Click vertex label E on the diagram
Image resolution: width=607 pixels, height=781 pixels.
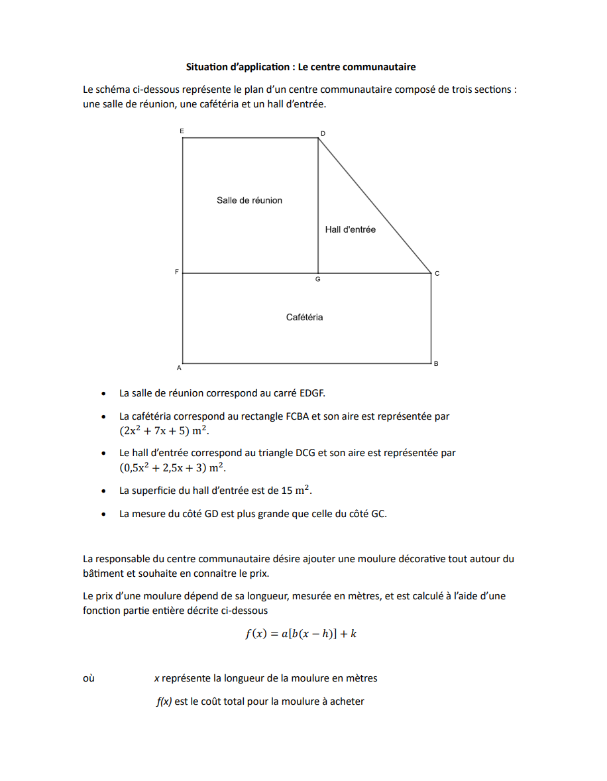(x=182, y=131)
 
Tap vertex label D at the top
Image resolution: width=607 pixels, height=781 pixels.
(x=323, y=133)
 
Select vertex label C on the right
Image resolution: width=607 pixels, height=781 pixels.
(x=437, y=273)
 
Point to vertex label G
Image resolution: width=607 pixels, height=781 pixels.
(x=318, y=280)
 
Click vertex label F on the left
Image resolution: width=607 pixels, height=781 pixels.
(x=176, y=272)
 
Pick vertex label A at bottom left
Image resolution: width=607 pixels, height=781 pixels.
(x=178, y=367)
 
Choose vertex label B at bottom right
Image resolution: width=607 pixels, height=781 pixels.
(x=435, y=364)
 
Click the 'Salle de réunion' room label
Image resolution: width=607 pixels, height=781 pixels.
(x=249, y=200)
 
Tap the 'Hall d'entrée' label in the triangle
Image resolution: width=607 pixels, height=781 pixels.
(x=350, y=229)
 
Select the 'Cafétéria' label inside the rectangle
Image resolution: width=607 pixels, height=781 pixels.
(x=304, y=317)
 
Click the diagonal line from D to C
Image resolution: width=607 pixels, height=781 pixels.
(x=374, y=206)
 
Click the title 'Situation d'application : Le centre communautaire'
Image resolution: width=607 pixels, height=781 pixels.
(x=301, y=67)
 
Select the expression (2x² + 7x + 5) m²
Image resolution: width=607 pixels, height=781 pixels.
(x=164, y=431)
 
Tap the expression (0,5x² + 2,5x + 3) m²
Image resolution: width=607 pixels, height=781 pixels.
(x=172, y=467)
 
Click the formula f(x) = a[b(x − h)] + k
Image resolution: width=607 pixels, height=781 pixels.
(x=302, y=633)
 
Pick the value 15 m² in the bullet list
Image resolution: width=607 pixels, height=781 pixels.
(x=298, y=491)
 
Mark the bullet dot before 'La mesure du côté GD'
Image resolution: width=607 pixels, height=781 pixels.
(x=103, y=514)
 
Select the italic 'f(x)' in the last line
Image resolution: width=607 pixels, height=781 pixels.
(x=164, y=701)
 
